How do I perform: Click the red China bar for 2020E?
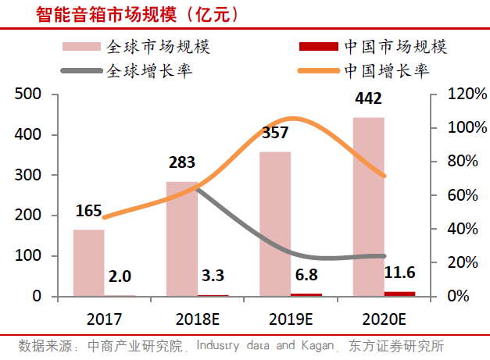(399, 294)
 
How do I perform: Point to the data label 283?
(181, 163)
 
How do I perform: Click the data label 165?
(90, 211)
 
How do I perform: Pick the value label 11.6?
(399, 271)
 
